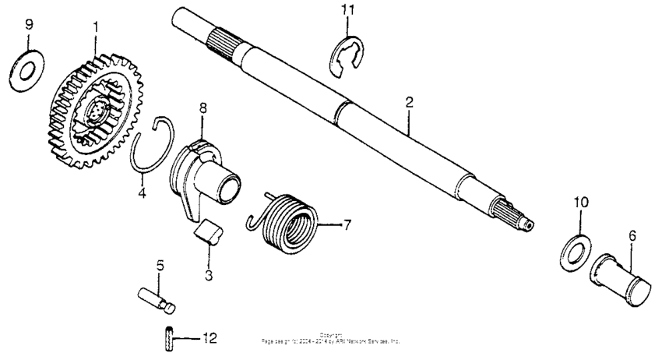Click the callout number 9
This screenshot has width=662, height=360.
click(30, 25)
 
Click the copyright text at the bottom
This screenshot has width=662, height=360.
click(331, 339)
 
